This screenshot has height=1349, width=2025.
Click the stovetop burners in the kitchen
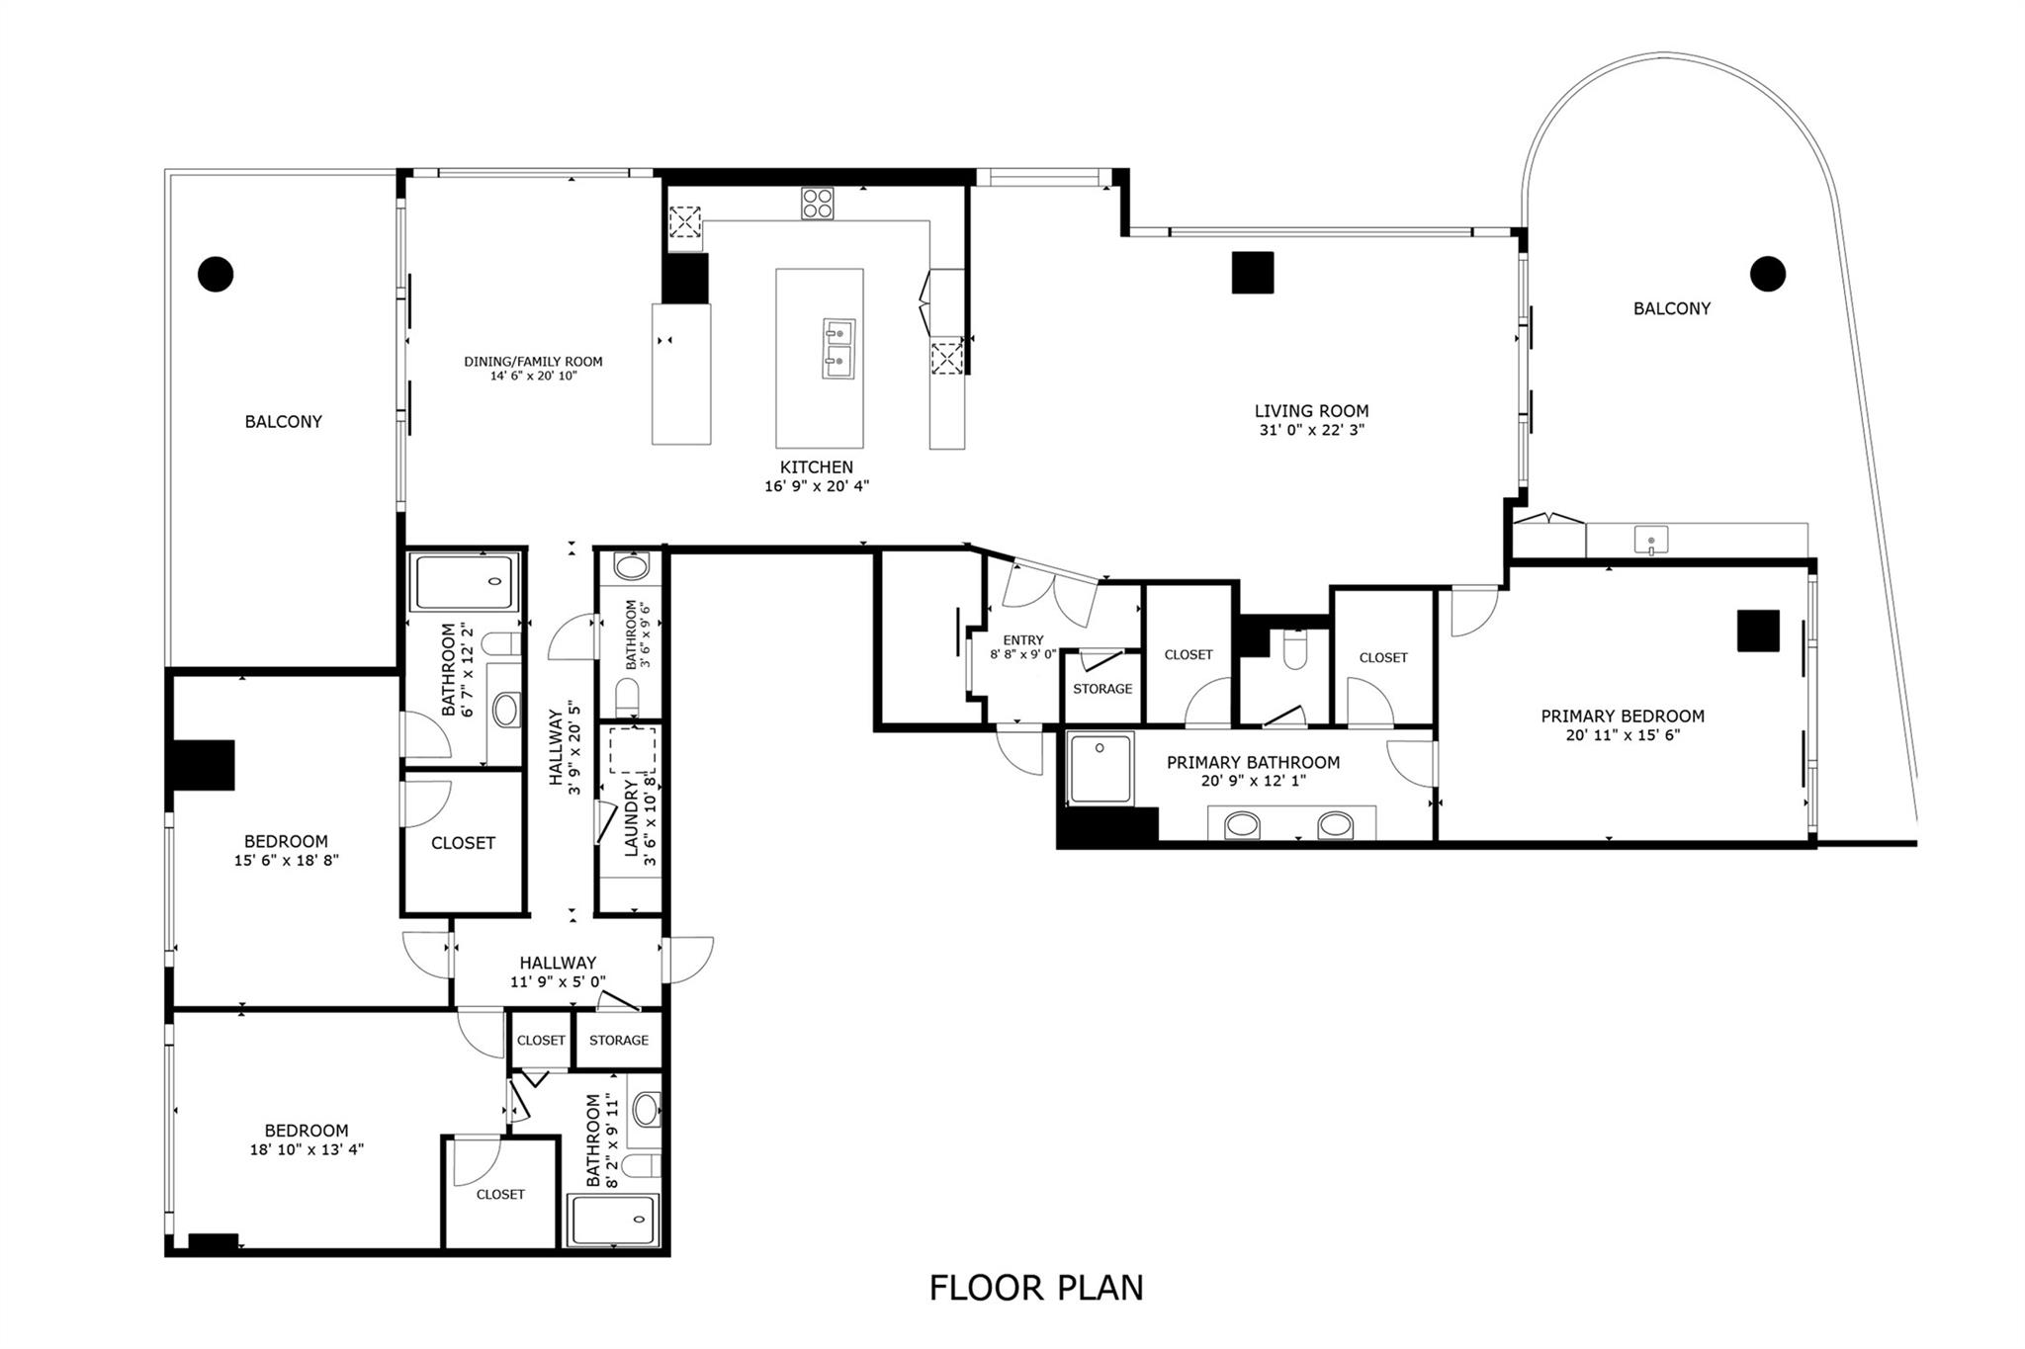817,203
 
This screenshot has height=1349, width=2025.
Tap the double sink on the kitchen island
837,348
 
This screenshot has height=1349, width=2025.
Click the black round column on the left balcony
216,274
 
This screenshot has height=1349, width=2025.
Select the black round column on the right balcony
1767,274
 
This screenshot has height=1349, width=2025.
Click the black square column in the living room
1252,273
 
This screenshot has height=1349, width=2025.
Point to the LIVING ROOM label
1311,411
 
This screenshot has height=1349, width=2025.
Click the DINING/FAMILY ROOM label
533,362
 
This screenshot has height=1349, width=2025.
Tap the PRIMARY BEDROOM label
1622,717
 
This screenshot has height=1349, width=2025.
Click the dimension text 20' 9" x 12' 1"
1252,781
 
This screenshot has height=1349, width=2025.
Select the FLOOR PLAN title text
1035,1288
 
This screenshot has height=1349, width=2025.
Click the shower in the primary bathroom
1101,769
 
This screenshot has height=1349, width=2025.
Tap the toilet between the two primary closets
1294,650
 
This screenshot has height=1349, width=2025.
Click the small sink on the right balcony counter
1650,541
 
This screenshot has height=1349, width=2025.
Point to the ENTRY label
1022,640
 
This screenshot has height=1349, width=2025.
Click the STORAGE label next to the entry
1101,689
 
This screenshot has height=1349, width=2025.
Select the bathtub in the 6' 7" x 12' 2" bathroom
465,582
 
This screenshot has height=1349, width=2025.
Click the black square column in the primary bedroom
1758,631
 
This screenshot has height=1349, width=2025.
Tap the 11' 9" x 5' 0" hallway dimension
558,981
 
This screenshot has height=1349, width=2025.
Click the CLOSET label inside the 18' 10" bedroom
500,1194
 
